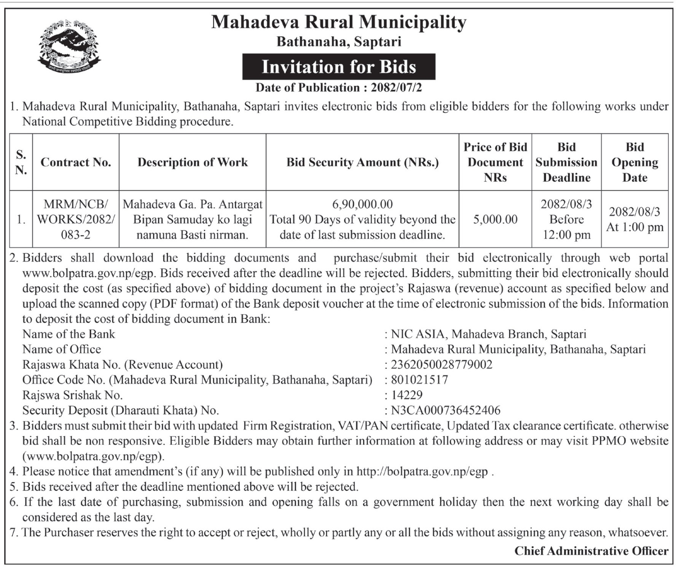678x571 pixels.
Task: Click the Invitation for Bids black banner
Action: click(x=338, y=67)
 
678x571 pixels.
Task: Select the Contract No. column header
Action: click(x=76, y=162)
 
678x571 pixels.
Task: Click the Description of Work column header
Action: click(x=192, y=162)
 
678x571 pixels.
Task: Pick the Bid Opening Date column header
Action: click(x=635, y=162)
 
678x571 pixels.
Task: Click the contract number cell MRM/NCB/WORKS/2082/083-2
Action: click(x=76, y=220)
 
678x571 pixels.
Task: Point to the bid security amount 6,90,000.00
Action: click(x=362, y=204)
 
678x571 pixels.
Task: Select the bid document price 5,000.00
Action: click(x=495, y=220)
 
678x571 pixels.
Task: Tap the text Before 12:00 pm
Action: click(x=566, y=227)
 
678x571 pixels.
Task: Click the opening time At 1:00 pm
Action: click(x=635, y=228)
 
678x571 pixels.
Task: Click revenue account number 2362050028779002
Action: click(x=442, y=365)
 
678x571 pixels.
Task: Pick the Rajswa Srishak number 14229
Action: click(x=407, y=395)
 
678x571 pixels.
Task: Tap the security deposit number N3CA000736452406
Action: click(x=445, y=411)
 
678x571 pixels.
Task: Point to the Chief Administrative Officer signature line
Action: click(x=591, y=551)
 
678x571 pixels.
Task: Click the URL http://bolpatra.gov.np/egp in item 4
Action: click(x=422, y=472)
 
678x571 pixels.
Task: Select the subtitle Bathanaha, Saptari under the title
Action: click(x=338, y=41)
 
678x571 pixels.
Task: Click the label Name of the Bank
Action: click(x=69, y=334)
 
